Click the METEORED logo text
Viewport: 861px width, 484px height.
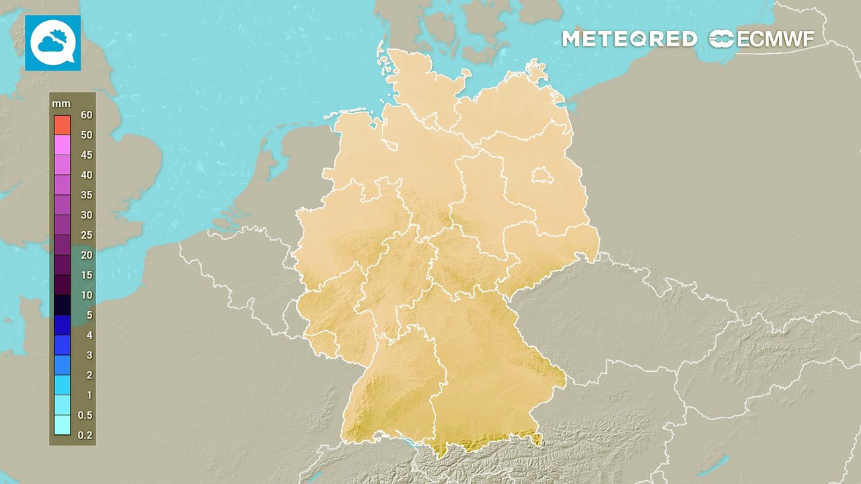click(x=629, y=39)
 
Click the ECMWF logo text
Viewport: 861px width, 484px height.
click(x=762, y=39)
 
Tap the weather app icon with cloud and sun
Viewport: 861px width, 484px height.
click(x=52, y=43)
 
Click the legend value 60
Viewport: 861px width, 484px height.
click(x=86, y=115)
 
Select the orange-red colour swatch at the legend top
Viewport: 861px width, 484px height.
click(x=63, y=124)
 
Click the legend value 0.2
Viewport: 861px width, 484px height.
click(x=85, y=436)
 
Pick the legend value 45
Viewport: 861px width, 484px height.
click(x=86, y=155)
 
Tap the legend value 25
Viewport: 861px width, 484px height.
click(x=86, y=235)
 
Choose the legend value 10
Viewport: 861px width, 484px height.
click(x=86, y=295)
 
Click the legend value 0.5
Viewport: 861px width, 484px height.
click(x=85, y=415)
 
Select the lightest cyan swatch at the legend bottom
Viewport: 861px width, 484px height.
click(x=63, y=425)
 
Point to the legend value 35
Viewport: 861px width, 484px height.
click(x=86, y=195)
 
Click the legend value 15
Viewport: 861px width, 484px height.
click(x=86, y=275)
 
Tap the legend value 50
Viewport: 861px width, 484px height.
click(x=86, y=135)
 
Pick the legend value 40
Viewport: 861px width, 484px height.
click(x=86, y=175)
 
